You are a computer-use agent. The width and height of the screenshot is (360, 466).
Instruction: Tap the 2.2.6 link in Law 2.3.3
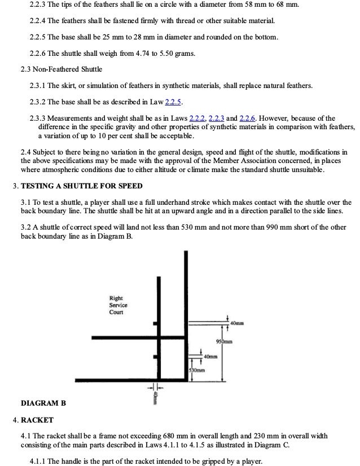coord(248,118)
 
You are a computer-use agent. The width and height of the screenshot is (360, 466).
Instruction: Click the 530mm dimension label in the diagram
coord(196,371)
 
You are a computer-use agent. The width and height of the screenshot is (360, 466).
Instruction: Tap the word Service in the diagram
coord(118,305)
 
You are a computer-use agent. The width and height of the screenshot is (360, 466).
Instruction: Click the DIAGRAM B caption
coord(43,403)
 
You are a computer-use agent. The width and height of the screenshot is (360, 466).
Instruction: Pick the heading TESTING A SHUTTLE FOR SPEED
coord(81,186)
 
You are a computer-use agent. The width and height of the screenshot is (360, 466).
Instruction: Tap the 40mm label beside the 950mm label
coord(238,323)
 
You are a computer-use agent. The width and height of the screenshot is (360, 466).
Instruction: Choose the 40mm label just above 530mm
coord(210,357)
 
